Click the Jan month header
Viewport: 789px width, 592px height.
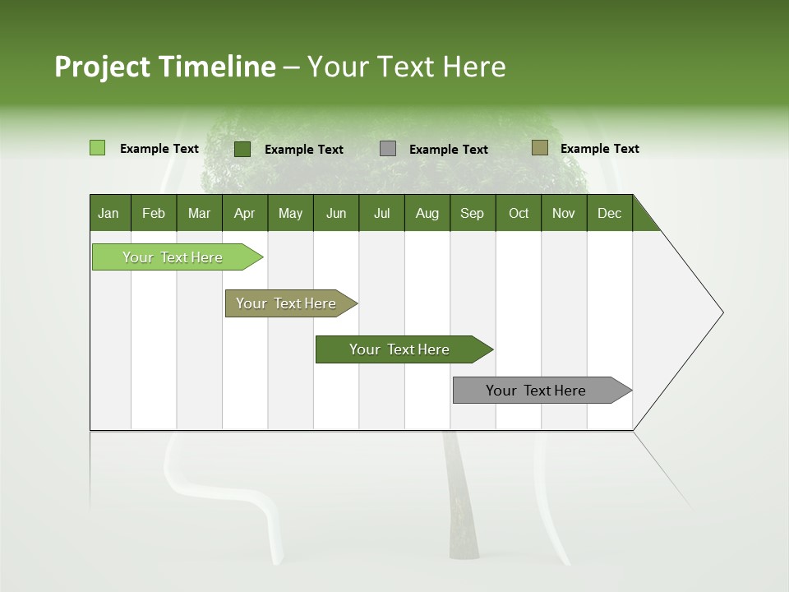(108, 213)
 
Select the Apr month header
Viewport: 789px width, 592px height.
(244, 213)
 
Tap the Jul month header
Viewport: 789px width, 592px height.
(381, 213)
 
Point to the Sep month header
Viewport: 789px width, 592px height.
(472, 213)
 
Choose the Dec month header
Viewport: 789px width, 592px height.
(609, 213)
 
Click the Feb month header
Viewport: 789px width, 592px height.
(154, 213)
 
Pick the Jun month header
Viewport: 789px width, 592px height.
(336, 213)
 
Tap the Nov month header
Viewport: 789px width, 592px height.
(563, 213)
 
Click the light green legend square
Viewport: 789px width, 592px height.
(97, 148)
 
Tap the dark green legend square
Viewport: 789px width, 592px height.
(242, 149)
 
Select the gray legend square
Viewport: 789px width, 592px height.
(388, 149)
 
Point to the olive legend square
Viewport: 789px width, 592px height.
(539, 148)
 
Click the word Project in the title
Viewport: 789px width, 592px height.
(103, 67)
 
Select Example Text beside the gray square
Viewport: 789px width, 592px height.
(448, 150)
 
